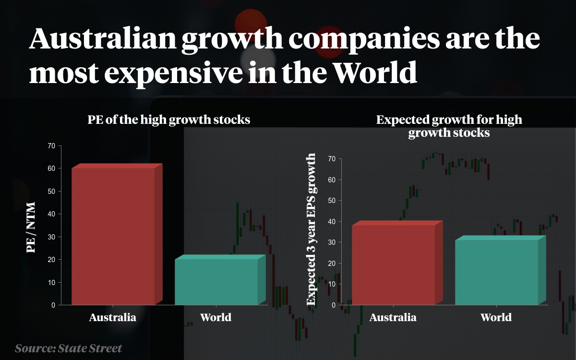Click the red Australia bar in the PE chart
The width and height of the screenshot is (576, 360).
click(113, 235)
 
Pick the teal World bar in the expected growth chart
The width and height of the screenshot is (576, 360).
click(496, 272)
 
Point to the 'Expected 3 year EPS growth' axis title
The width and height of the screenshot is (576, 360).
click(312, 229)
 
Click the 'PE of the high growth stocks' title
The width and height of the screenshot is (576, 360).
click(169, 120)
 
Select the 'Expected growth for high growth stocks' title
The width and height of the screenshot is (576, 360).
click(449, 126)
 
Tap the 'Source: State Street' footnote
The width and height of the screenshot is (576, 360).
click(68, 348)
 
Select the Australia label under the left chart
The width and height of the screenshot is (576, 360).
click(113, 317)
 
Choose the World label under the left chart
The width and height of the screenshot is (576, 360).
click(216, 317)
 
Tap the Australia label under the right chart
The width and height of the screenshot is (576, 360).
click(393, 317)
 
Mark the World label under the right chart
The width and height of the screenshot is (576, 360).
click(496, 317)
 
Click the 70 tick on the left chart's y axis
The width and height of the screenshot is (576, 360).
click(51, 145)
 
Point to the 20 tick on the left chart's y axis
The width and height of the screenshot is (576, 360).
click(51, 260)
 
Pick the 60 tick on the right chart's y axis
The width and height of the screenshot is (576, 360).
click(331, 180)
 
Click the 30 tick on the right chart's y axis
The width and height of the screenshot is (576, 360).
click(331, 242)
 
